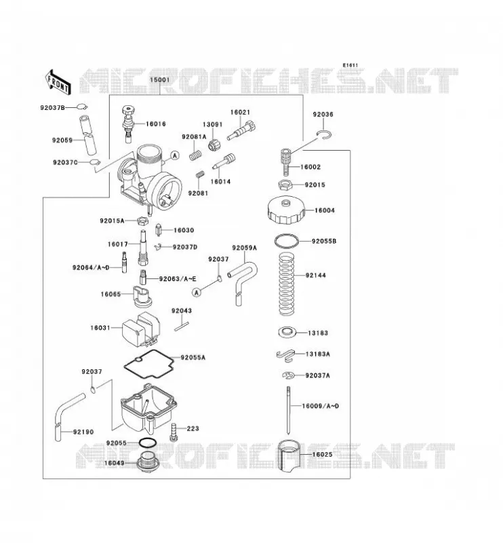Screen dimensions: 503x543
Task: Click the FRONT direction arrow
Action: pyautogui.click(x=58, y=82)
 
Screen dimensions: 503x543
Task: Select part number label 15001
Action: pyautogui.click(x=159, y=79)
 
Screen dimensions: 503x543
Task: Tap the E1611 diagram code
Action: pyautogui.click(x=350, y=65)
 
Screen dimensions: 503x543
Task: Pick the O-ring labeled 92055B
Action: pyautogui.click(x=287, y=241)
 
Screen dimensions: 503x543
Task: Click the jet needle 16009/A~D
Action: pyautogui.click(x=288, y=410)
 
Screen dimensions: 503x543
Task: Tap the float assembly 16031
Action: pyautogui.click(x=141, y=329)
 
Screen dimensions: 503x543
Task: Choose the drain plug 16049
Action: pyautogui.click(x=147, y=462)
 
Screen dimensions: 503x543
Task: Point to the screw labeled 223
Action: pyautogui.click(x=174, y=432)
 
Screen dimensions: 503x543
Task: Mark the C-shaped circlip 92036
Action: pyautogui.click(x=325, y=134)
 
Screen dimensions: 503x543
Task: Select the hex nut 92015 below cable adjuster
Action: pyautogui.click(x=286, y=185)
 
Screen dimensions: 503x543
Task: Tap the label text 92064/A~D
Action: pyautogui.click(x=91, y=267)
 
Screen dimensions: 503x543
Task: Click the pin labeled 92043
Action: pyautogui.click(x=182, y=326)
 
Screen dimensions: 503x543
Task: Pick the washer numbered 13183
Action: pyautogui.click(x=287, y=332)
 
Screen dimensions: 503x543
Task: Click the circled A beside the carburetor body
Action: pyautogui.click(x=176, y=155)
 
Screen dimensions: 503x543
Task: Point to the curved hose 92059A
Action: pyautogui.click(x=243, y=280)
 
